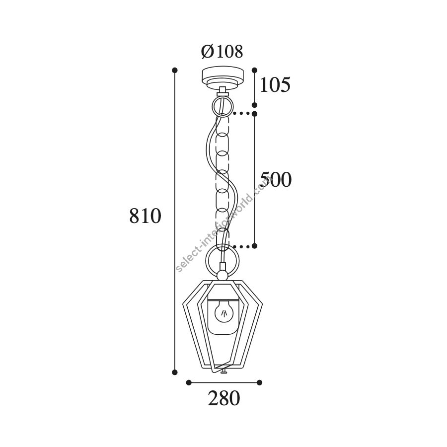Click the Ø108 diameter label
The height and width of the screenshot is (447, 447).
coord(222,52)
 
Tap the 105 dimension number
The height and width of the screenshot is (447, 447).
coord(275,84)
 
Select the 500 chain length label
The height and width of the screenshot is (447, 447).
coord(276,180)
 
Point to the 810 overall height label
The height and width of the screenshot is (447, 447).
coord(146,216)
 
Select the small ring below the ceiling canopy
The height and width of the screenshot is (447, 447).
coord(223,106)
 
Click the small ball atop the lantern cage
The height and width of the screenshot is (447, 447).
coord(223,276)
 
